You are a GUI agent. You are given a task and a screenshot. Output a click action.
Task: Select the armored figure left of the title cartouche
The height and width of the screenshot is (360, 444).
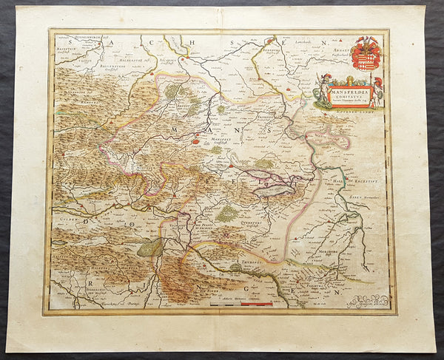[322, 91]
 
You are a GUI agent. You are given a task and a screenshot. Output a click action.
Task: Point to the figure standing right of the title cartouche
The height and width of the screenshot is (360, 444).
[377, 91]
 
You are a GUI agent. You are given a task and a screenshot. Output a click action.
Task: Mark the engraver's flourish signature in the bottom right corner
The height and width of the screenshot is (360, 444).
[362, 299]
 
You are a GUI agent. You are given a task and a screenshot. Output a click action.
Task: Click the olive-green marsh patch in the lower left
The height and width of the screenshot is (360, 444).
[151, 248]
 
